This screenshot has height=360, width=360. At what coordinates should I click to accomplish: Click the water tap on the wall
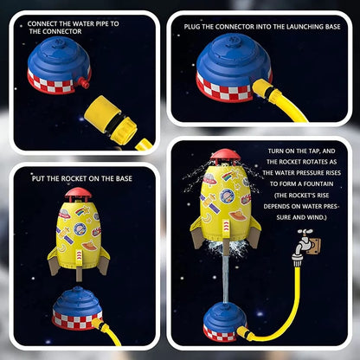[304, 245]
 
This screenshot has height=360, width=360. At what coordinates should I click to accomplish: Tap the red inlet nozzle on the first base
[84, 84]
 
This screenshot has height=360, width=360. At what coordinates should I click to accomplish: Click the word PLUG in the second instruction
[192, 27]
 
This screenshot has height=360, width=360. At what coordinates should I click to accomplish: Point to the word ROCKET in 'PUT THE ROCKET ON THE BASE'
[74, 178]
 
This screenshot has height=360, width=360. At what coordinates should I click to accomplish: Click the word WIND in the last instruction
[315, 217]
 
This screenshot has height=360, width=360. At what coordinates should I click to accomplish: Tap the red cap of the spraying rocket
[225, 156]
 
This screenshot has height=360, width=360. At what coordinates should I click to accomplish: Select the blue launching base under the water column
[224, 322]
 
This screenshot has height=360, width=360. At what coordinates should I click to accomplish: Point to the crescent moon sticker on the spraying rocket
[207, 217]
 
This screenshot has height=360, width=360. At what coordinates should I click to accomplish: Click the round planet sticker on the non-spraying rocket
[80, 229]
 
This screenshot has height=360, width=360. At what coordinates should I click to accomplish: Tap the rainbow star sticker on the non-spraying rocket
[80, 211]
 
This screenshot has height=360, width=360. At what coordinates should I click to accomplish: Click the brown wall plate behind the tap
[315, 246]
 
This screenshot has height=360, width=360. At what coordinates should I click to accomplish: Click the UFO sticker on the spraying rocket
[209, 179]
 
